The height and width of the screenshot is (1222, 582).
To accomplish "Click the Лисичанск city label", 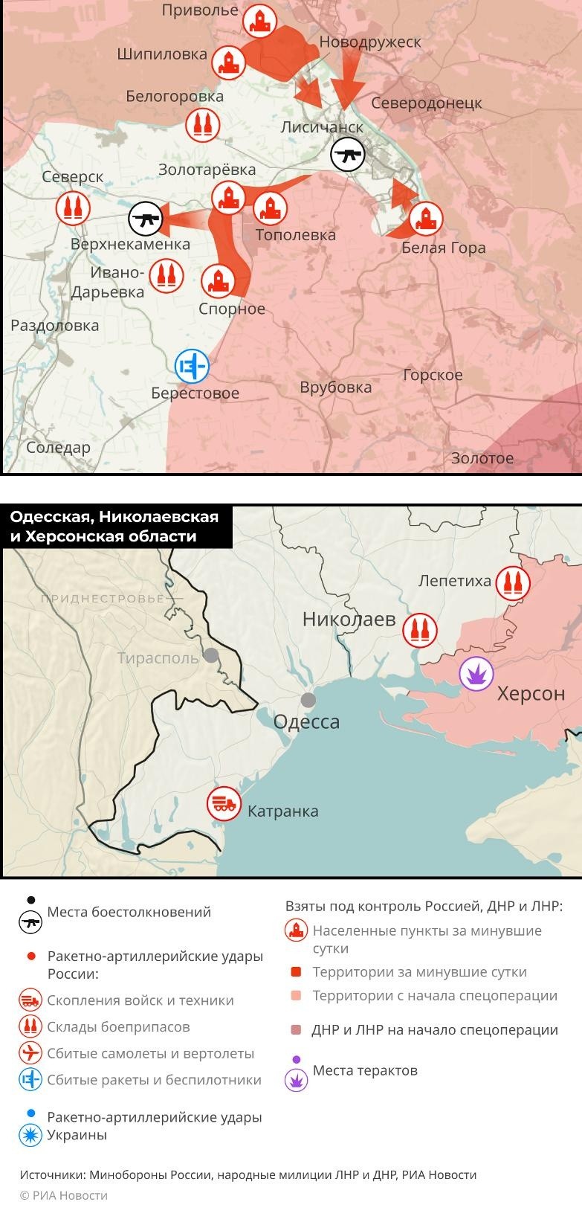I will (322, 127).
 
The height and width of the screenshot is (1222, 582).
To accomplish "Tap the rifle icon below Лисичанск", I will (347, 155).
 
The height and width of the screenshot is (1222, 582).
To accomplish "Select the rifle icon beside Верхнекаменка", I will (146, 219).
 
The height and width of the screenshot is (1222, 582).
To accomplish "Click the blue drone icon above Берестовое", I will (192, 366).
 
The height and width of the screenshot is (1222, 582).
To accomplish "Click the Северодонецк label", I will (426, 103).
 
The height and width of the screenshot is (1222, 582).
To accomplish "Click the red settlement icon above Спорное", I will (218, 281).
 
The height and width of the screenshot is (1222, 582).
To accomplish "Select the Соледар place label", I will (58, 448).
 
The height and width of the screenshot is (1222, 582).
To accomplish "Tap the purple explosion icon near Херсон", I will (476, 674).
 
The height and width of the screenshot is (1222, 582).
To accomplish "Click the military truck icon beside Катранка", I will (224, 804).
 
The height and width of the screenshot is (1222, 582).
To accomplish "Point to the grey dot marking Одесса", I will (308, 700).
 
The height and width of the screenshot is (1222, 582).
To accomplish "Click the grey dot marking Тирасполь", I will (211, 655).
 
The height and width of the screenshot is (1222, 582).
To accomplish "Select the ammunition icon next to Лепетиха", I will (512, 582).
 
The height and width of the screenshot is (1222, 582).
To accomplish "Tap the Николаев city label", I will (349, 619).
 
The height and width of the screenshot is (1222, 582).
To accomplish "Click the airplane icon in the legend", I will (30, 1053).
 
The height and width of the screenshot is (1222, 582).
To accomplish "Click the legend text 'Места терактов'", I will (365, 1070).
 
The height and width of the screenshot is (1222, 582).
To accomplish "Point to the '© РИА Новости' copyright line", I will (64, 1195).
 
